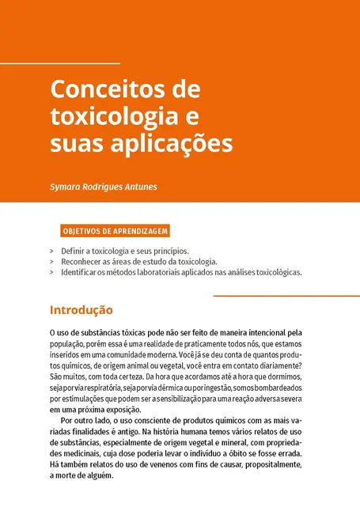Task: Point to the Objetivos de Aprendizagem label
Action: [x=115, y=232]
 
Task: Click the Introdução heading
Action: [x=81, y=309]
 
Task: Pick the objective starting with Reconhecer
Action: [x=138, y=261]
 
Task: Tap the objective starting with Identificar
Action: [x=181, y=272]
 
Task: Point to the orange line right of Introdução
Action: [x=286, y=296]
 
